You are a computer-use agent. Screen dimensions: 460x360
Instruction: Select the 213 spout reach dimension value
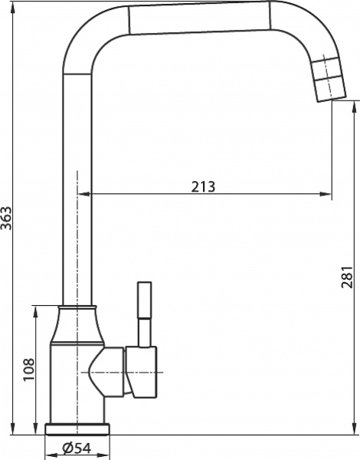tap(203, 186)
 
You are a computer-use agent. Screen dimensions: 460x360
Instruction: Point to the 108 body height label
tap(28, 371)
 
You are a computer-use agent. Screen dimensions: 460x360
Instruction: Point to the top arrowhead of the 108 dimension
tap(37, 310)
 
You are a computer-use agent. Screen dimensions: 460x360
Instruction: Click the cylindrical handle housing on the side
tap(141, 373)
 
